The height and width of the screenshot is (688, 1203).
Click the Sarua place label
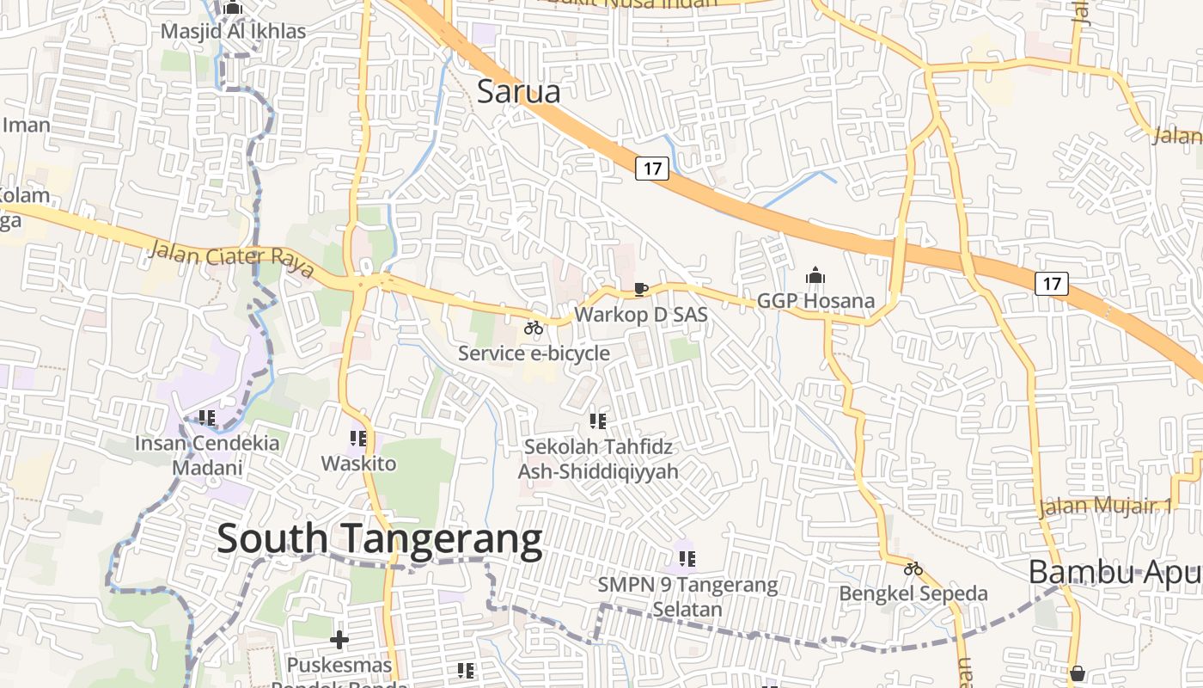(518, 91)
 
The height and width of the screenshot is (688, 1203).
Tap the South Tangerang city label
(379, 539)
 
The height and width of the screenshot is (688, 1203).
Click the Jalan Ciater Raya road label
(232, 259)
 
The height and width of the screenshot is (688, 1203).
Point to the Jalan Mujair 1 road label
(1105, 506)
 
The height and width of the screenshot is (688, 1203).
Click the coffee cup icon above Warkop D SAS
(640, 289)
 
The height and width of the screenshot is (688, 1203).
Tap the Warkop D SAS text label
(641, 315)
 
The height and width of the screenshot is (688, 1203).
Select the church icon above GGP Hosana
(815, 276)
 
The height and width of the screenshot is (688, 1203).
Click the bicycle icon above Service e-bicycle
(534, 328)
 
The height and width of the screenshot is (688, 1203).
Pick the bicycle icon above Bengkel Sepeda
(913, 568)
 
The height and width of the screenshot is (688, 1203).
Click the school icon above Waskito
(358, 439)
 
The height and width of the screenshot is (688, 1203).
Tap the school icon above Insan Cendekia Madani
(207, 418)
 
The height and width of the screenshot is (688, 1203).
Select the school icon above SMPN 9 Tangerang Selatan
(687, 560)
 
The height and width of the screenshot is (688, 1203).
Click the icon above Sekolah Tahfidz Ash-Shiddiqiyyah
(598, 421)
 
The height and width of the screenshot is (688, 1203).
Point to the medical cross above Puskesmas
(339, 640)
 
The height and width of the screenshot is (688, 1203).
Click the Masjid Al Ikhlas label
(233, 32)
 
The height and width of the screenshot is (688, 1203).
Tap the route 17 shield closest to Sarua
(652, 168)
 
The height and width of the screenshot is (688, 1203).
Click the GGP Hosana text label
(815, 301)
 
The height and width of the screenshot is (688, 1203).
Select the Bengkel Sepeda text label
(913, 593)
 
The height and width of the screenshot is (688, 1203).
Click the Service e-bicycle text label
(534, 353)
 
